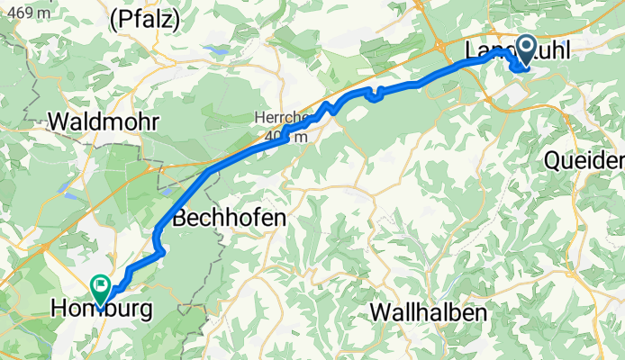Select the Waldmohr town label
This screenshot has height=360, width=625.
[106, 121]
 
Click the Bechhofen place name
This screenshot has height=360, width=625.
[229, 218]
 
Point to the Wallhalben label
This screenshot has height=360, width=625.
[429, 313]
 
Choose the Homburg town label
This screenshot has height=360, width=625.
[101, 310]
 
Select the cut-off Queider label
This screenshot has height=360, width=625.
[584, 160]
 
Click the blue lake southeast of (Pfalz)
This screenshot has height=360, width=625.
[215, 49]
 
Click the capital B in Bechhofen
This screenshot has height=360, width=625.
[179, 218]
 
